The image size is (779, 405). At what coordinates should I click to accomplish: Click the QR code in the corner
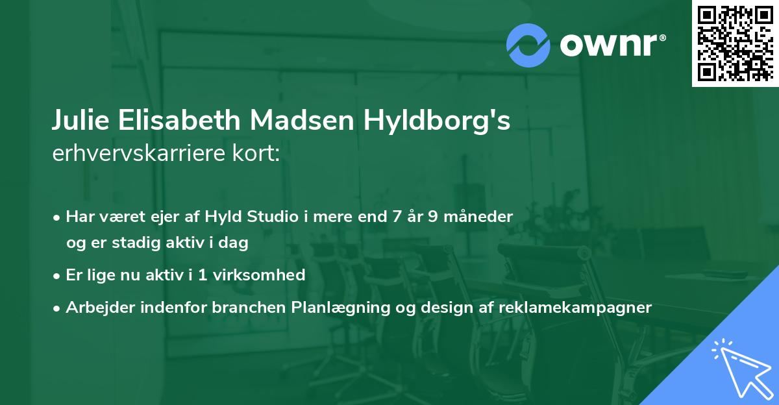(x=735, y=43)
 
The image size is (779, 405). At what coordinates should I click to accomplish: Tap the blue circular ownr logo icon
(x=528, y=45)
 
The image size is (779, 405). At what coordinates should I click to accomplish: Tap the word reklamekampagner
(x=575, y=308)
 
